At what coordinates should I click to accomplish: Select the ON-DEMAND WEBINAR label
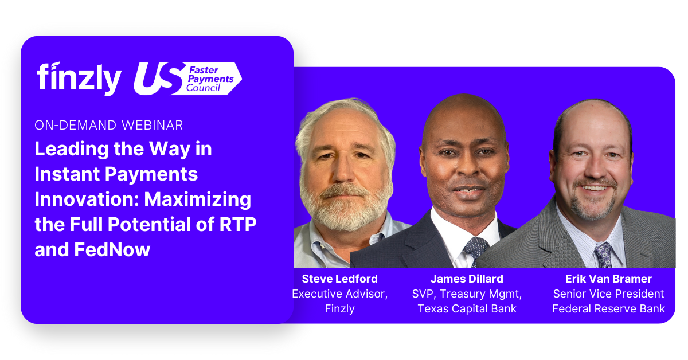tap(109, 125)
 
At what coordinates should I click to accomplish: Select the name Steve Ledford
tap(340, 279)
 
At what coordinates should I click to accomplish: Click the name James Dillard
tap(467, 279)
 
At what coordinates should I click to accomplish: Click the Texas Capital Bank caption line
tap(467, 309)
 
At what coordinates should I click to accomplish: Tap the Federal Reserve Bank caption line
tap(608, 309)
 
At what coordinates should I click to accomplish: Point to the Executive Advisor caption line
tap(340, 294)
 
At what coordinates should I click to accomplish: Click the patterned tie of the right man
tap(603, 255)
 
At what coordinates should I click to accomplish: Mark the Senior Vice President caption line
tap(608, 294)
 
